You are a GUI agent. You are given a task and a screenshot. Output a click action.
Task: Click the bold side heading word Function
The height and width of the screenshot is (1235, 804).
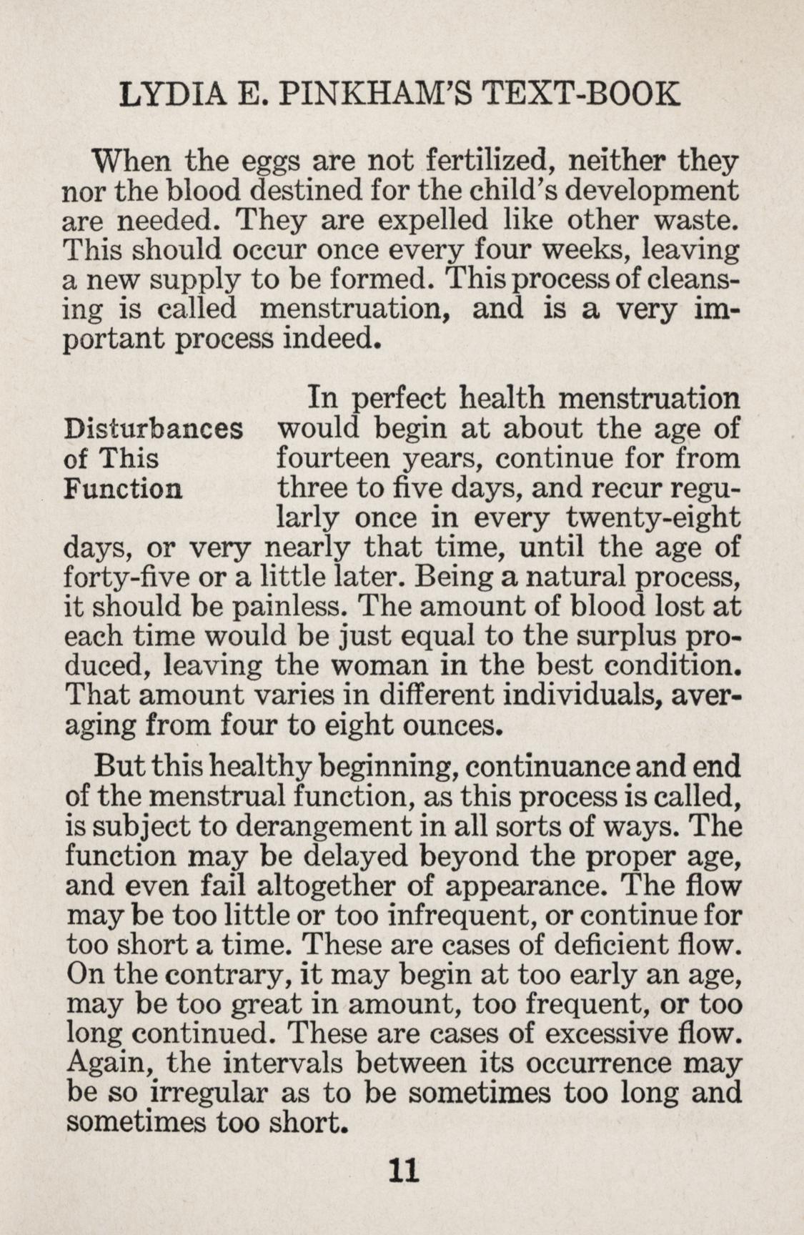click(123, 488)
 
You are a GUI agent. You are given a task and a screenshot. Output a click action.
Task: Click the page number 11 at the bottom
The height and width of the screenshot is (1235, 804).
click(402, 1170)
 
